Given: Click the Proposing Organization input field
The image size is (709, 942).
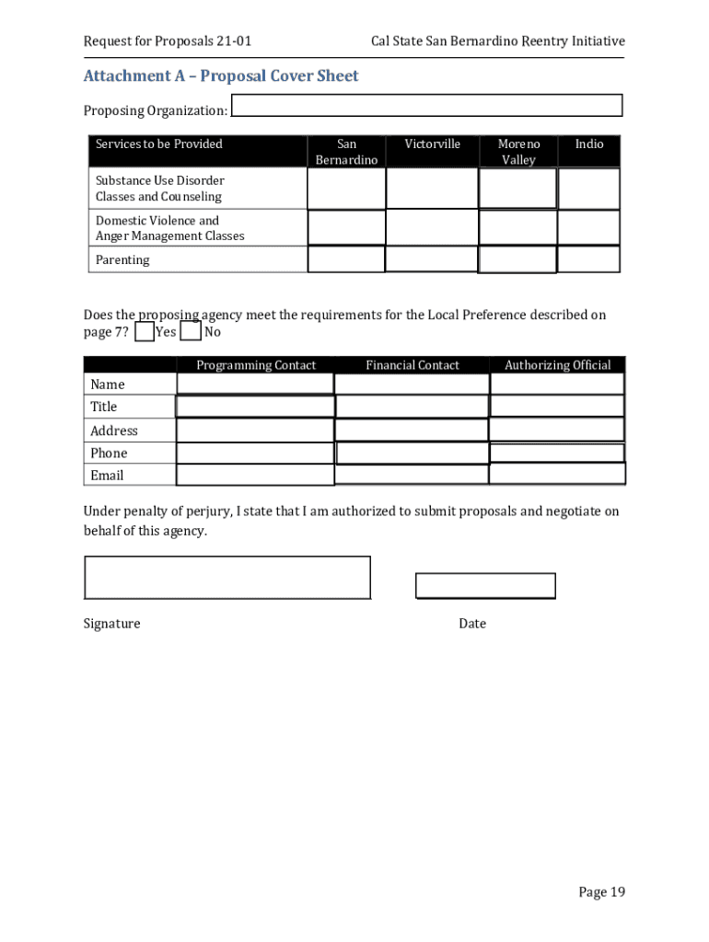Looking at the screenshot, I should tap(426, 106).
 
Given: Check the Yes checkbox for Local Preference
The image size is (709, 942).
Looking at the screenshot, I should tap(145, 332).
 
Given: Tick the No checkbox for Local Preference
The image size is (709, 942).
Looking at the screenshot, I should tap(191, 332).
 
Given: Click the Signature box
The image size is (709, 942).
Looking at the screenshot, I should tap(227, 578).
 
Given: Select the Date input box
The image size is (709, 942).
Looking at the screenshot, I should tap(485, 586).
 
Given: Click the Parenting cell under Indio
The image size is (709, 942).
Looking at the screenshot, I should tap(588, 259).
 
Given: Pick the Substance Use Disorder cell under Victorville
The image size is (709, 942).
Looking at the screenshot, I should tap(432, 189).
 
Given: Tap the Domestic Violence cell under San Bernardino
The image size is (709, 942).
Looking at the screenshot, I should tap(346, 228).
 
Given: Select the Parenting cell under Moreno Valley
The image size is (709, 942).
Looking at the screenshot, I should tap(517, 260).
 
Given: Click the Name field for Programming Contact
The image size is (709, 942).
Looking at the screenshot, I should tap(254, 384).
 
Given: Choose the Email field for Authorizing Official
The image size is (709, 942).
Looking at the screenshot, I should tap(557, 474).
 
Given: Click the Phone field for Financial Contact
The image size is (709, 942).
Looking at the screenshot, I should tap(413, 453).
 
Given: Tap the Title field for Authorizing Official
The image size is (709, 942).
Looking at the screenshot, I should tap(557, 406).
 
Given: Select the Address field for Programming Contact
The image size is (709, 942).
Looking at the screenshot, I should tap(254, 431).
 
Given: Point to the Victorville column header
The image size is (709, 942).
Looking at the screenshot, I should tap(432, 144).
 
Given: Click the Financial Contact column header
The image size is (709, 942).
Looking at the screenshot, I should tap(412, 365).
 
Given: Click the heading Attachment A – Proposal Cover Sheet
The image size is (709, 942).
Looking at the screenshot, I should tap(221, 75).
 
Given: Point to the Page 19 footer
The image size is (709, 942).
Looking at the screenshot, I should tap(601, 891).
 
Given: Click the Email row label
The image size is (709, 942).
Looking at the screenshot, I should tap(107, 476).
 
